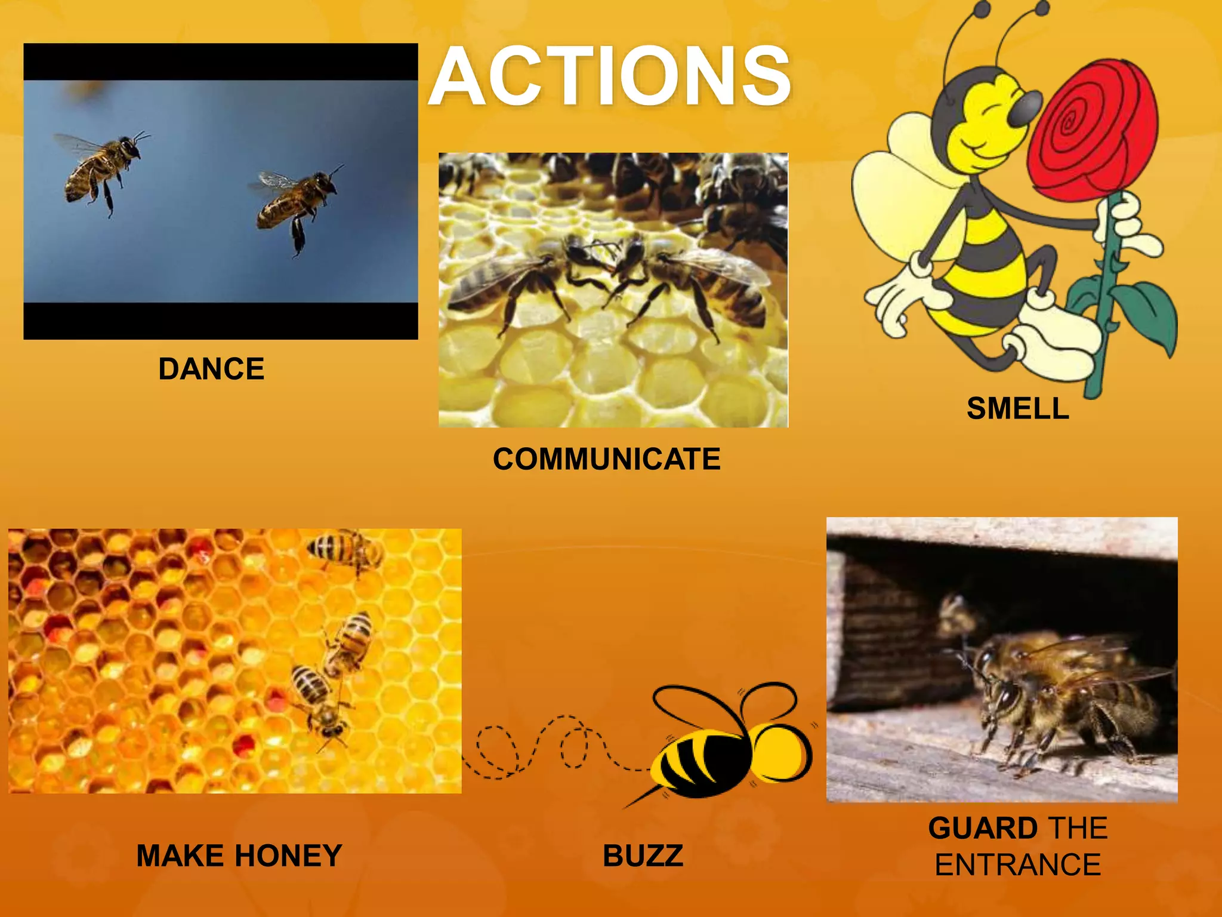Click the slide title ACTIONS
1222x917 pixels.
pyautogui.click(x=610, y=76)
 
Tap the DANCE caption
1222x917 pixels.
pyautogui.click(x=211, y=369)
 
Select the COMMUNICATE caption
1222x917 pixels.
pyautogui.click(x=607, y=459)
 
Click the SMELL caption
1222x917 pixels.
pyautogui.click(x=1017, y=409)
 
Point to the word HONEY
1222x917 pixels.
pyautogui.click(x=289, y=856)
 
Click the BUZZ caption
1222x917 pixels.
pyautogui.click(x=643, y=856)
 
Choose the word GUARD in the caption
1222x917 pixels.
pyautogui.click(x=983, y=829)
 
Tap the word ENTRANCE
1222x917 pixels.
pyautogui.click(x=1017, y=865)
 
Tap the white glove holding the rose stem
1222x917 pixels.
pyautogui.click(x=1128, y=227)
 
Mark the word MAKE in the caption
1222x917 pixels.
pyautogui.click(x=180, y=856)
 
